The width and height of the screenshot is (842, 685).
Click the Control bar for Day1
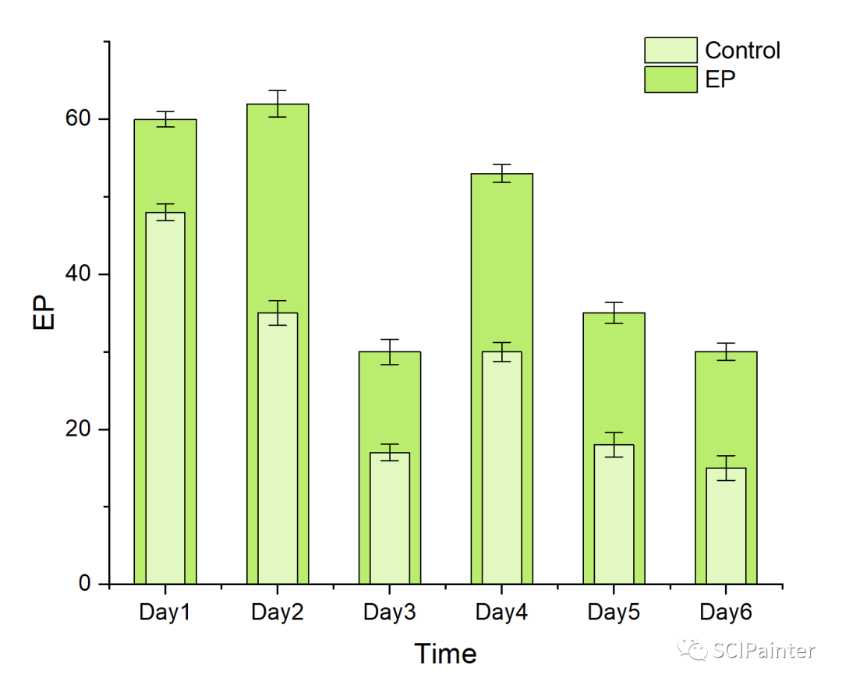(x=165, y=397)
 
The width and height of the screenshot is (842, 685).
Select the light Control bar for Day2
(x=278, y=448)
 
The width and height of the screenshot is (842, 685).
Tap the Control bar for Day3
(x=390, y=518)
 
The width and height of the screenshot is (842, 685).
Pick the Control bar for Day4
(x=502, y=468)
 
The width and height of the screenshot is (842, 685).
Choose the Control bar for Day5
(x=614, y=514)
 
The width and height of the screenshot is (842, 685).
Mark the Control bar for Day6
(x=726, y=526)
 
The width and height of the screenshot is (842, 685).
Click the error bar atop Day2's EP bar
(x=278, y=104)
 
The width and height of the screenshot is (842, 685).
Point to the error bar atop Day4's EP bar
(x=502, y=173)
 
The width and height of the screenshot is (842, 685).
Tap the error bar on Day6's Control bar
(x=726, y=468)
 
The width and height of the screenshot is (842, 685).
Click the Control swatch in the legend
(x=670, y=51)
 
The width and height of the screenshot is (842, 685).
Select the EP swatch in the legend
(x=670, y=79)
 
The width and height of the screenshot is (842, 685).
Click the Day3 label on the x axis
(x=390, y=613)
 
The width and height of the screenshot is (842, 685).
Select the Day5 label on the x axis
(x=614, y=613)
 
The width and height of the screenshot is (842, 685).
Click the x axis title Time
(x=445, y=653)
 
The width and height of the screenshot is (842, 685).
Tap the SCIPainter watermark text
(x=763, y=650)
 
